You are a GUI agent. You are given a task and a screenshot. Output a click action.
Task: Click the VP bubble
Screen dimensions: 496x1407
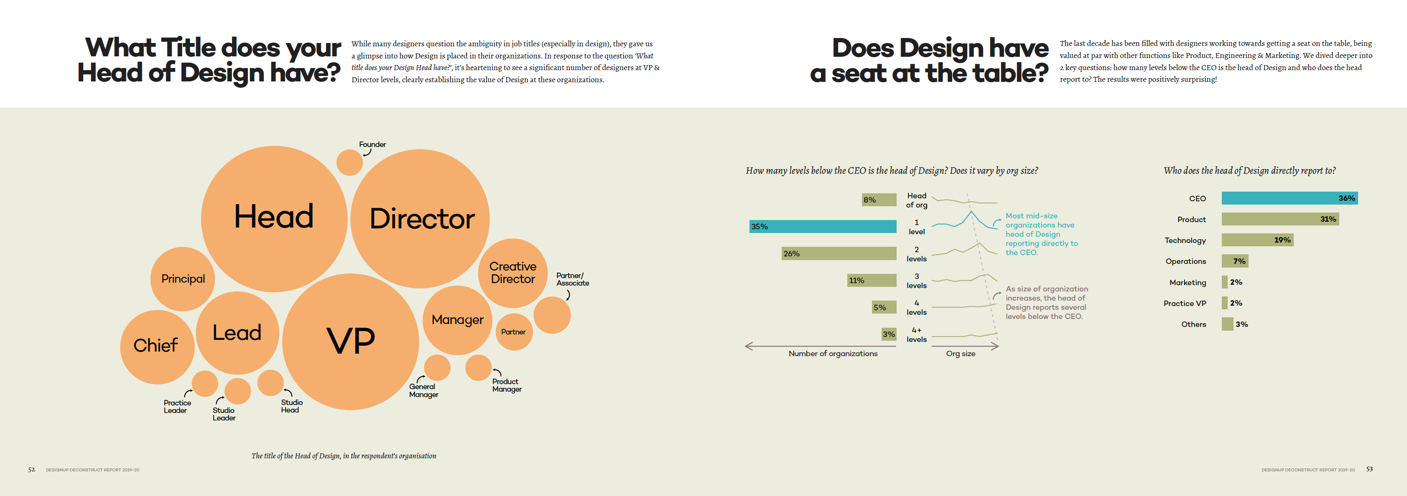(351, 341)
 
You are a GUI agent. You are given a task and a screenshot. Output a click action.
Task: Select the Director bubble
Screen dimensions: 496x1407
(421, 218)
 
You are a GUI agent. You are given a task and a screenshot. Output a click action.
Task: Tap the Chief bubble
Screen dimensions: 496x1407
(156, 346)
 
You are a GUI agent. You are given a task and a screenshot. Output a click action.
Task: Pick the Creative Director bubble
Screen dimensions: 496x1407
(512, 272)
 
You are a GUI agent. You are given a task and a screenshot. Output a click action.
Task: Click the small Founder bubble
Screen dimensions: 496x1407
(349, 162)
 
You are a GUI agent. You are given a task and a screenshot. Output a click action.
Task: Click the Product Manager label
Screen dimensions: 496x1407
(506, 385)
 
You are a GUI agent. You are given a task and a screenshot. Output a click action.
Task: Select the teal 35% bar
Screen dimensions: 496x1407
(823, 226)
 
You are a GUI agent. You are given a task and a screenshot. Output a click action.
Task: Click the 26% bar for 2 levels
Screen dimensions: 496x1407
(839, 253)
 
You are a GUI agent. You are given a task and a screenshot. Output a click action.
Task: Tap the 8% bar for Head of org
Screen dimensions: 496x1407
(879, 200)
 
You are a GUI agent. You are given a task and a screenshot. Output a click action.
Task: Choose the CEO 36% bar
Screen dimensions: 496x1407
(1289, 198)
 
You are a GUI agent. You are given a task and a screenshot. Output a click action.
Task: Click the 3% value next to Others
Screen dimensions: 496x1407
(1241, 324)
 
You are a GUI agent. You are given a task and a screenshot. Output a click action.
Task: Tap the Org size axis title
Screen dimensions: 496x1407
(960, 354)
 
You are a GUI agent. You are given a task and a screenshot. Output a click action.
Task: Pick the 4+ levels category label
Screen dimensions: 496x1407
(917, 334)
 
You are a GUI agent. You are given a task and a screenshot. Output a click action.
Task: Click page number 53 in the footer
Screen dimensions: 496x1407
(1369, 469)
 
